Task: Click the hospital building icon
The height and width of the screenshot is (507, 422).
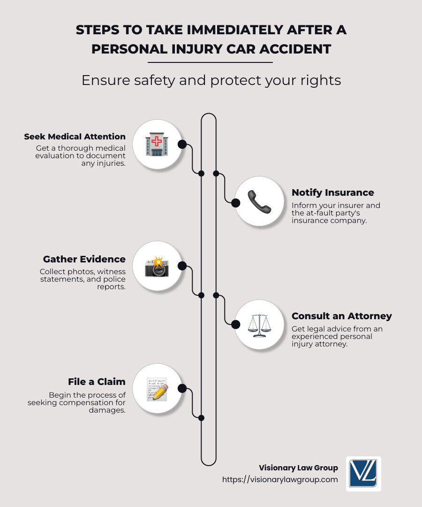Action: pyautogui.click(x=157, y=144)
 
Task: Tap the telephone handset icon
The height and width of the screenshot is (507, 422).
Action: pyautogui.click(x=259, y=202)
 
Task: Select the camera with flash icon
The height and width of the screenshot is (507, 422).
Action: pyautogui.click(x=157, y=266)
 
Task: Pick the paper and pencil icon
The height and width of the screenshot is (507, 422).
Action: pyautogui.click(x=157, y=389)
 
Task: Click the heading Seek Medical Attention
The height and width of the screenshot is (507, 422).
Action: pyautogui.click(x=75, y=137)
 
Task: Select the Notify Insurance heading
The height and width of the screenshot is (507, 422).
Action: pyautogui.click(x=332, y=192)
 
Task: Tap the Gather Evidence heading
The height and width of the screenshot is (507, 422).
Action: pyautogui.click(x=84, y=259)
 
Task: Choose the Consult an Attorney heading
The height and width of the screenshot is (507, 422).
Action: pyautogui.click(x=341, y=316)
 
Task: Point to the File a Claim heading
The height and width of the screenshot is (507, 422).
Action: pyautogui.click(x=97, y=382)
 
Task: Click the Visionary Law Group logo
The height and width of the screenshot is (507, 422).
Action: pyautogui.click(x=363, y=474)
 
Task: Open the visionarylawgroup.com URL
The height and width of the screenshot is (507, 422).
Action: pyautogui.click(x=280, y=480)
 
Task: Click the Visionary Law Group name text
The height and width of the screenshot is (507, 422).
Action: pyautogui.click(x=298, y=468)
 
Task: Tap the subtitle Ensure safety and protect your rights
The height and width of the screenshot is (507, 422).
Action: pyautogui.click(x=211, y=80)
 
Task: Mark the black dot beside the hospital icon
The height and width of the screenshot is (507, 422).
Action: pyautogui.click(x=182, y=144)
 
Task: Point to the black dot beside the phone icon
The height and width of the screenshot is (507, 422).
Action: pyautogui.click(x=236, y=202)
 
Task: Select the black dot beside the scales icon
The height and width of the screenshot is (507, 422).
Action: pyautogui.click(x=236, y=324)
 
